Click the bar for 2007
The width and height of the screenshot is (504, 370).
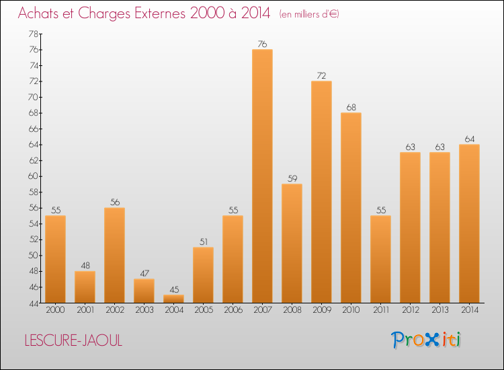262,176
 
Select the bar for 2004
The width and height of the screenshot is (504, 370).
173,299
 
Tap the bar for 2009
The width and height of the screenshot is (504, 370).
321,192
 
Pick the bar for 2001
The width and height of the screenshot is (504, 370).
85,287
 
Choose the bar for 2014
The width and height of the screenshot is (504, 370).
469,223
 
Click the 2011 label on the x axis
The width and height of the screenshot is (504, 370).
380,310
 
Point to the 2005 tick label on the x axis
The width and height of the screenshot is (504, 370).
203,310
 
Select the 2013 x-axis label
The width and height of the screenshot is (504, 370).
439,310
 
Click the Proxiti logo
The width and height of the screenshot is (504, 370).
427,340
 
